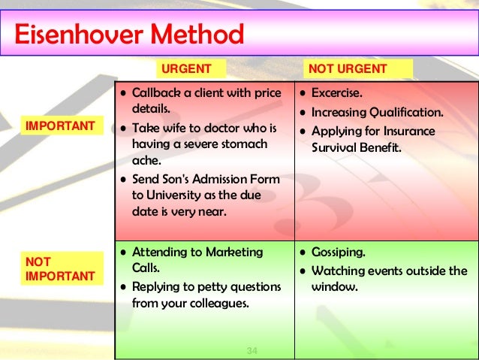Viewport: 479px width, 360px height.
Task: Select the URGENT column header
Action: click(x=183, y=69)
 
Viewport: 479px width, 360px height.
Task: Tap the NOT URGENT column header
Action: click(x=348, y=69)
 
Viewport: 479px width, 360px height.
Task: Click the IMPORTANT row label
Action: click(x=61, y=126)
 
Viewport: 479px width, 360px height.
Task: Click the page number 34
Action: click(x=252, y=351)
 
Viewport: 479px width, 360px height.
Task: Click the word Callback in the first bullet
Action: click(x=157, y=94)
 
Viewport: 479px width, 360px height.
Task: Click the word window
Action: click(x=335, y=287)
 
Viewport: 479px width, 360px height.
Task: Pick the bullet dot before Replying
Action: click(x=122, y=287)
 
